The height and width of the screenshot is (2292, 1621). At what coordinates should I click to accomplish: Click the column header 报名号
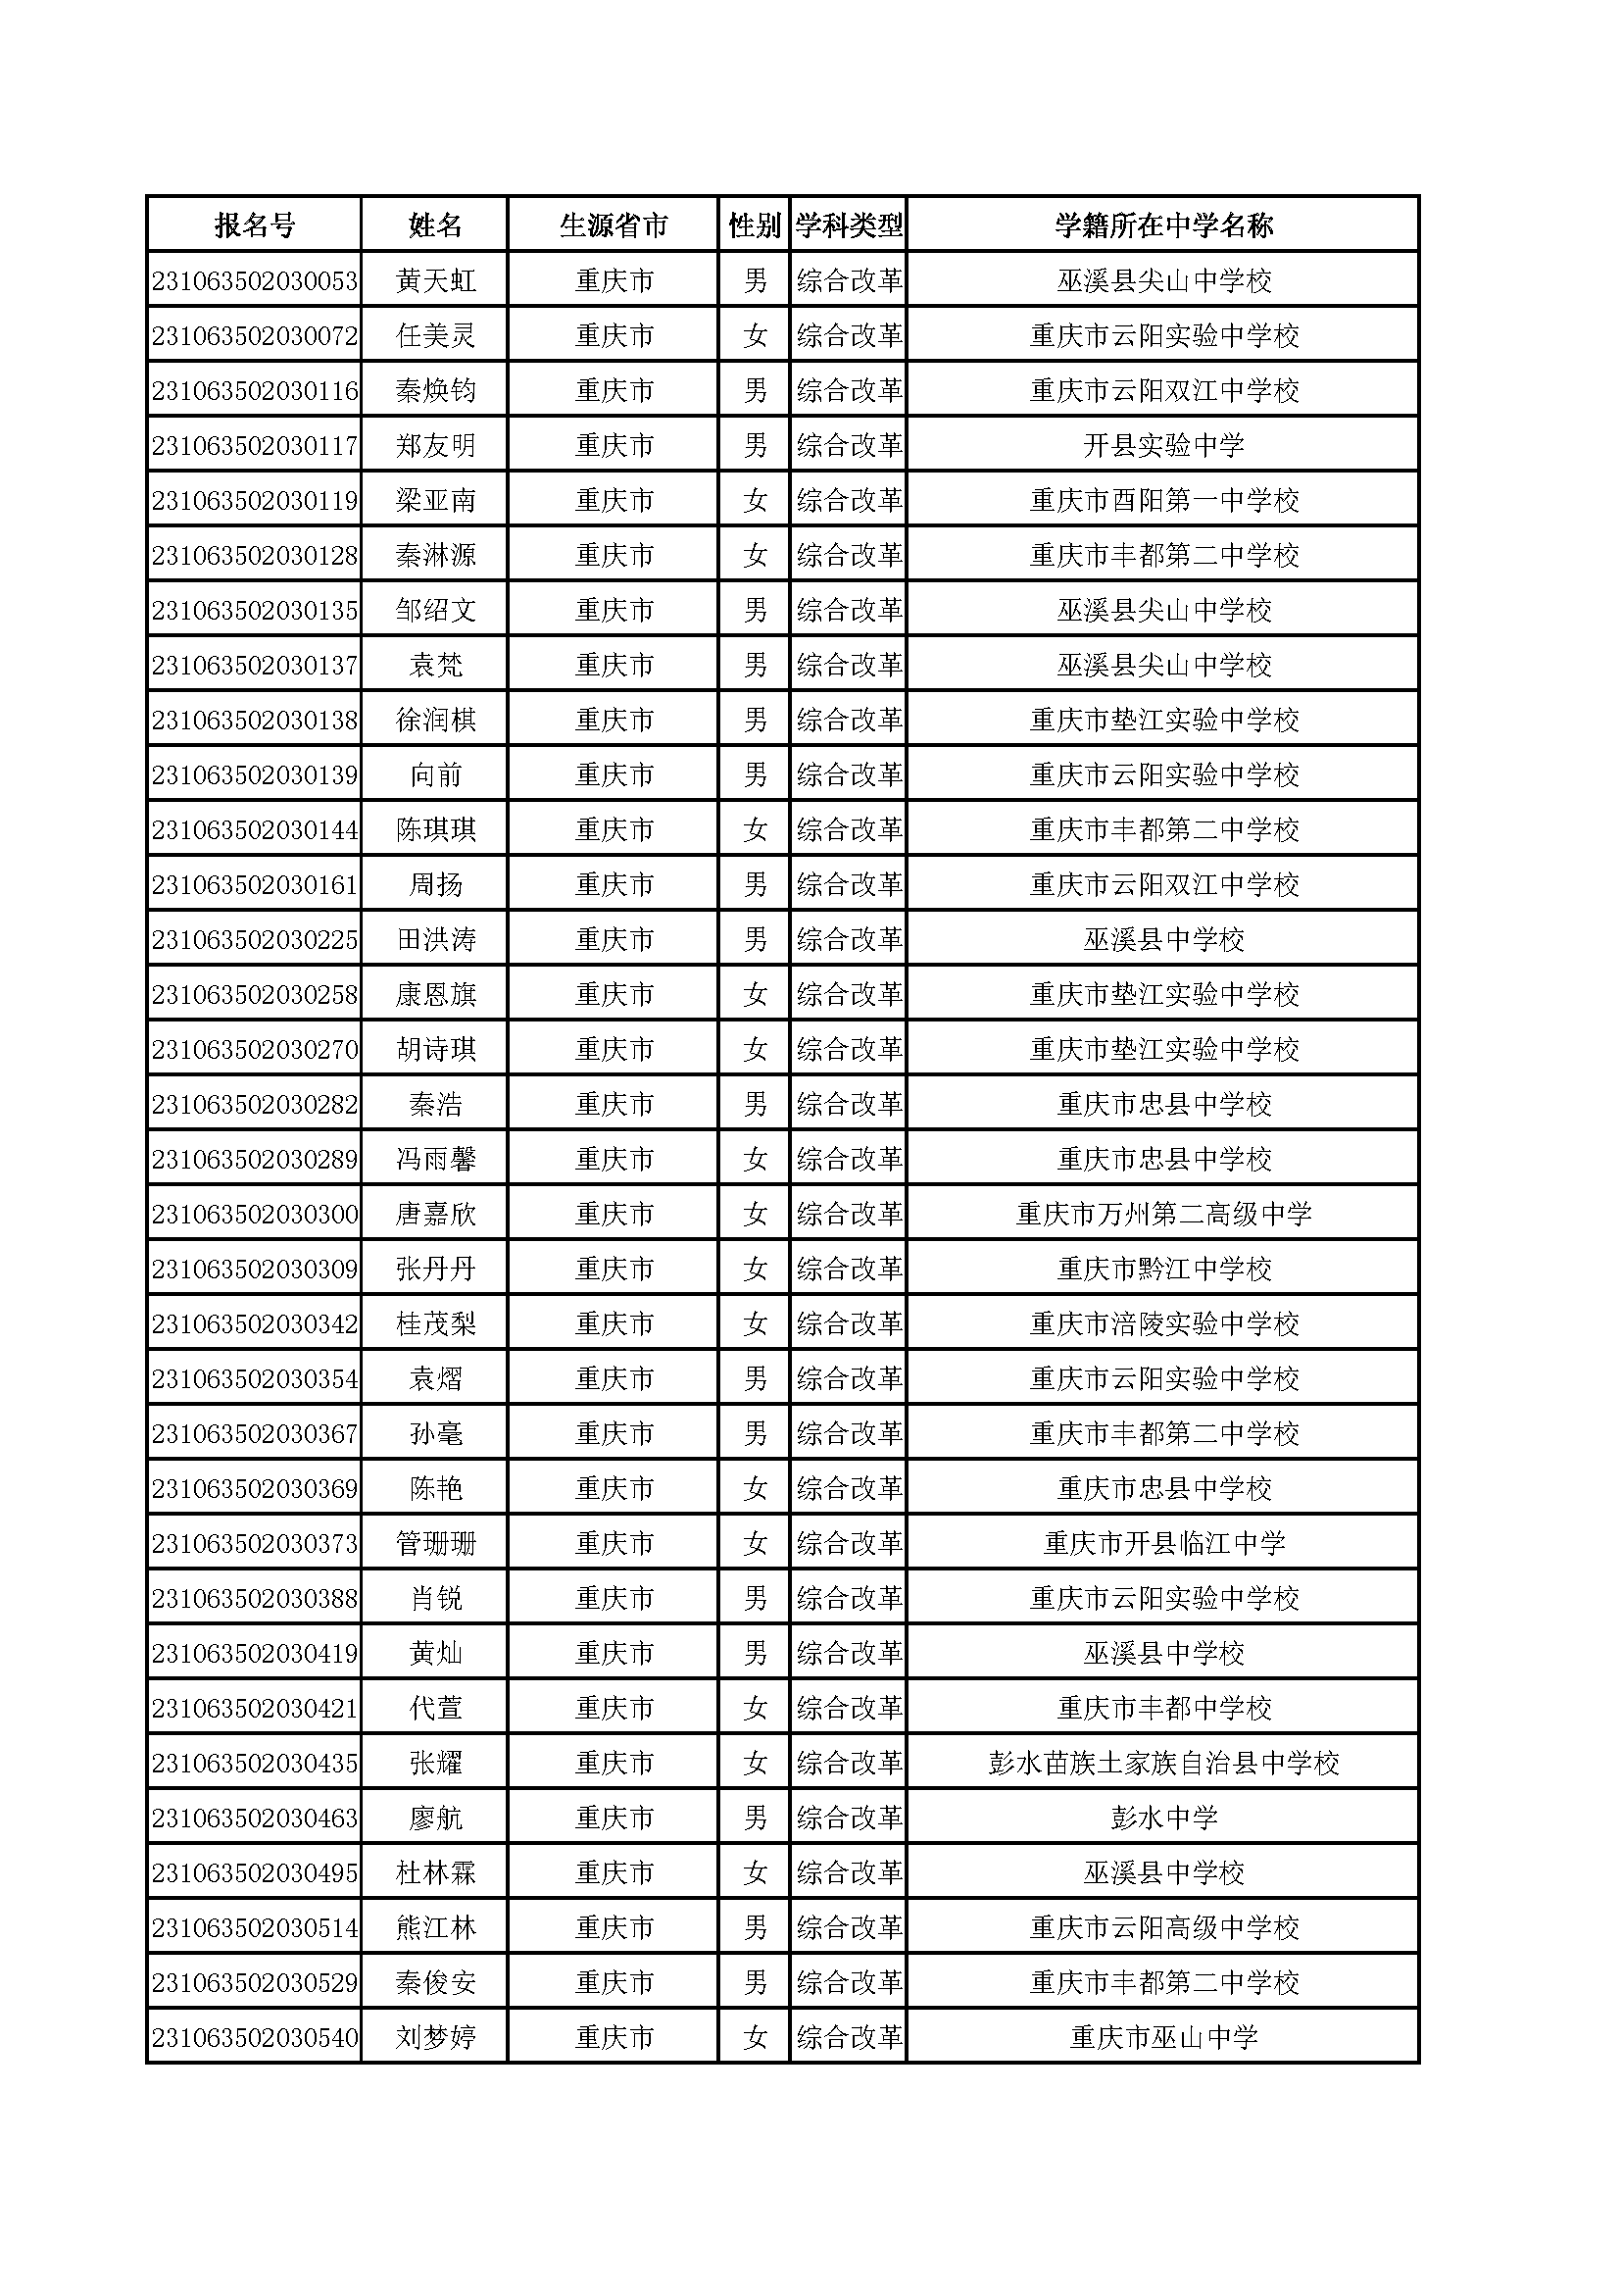point(255,225)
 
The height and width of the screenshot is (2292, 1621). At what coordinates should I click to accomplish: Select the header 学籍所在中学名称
point(1164,225)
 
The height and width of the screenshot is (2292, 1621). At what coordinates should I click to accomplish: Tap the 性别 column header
point(754,225)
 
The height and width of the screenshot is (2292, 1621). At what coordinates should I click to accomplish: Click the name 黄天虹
point(435,281)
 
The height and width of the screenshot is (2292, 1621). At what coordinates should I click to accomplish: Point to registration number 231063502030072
point(255,336)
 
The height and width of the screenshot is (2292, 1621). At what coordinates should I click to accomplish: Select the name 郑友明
point(435,446)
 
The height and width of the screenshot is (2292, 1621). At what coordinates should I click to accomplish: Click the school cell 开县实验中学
point(1164,446)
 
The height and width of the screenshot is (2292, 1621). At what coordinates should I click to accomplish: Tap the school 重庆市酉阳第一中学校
point(1164,501)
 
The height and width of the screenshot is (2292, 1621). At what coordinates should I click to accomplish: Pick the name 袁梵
point(435,666)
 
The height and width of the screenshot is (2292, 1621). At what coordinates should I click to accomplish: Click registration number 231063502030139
point(255,775)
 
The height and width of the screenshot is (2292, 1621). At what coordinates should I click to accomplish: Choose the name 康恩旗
point(435,995)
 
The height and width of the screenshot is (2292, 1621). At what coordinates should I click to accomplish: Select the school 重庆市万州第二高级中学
point(1164,1215)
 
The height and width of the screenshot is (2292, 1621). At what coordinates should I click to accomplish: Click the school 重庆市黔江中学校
point(1164,1270)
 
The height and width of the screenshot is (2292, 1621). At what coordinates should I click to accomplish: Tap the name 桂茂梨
point(435,1324)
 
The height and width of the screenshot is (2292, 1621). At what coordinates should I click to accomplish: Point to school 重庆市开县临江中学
point(1164,1544)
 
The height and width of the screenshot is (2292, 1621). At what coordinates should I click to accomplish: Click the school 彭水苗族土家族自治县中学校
point(1164,1764)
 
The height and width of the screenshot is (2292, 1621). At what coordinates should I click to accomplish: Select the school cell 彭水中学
point(1164,1819)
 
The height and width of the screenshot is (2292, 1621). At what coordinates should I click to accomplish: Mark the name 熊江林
point(435,1928)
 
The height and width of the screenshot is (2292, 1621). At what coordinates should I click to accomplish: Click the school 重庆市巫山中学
point(1164,2038)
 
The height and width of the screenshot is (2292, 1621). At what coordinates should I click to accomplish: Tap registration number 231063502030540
point(255,2038)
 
